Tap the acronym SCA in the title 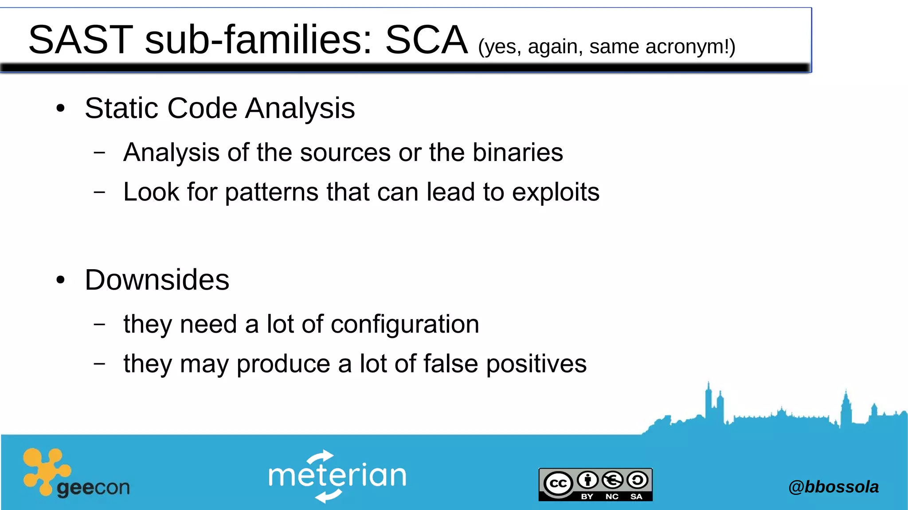(426, 40)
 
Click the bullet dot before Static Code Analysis (61, 108)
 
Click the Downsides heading (157, 280)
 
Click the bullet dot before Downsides (61, 280)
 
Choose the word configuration (405, 324)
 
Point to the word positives (536, 364)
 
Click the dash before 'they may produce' (100, 364)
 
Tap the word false (450, 364)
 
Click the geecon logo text (93, 488)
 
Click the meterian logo (337, 476)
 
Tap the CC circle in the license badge (558, 483)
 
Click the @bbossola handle (833, 487)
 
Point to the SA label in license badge (636, 497)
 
